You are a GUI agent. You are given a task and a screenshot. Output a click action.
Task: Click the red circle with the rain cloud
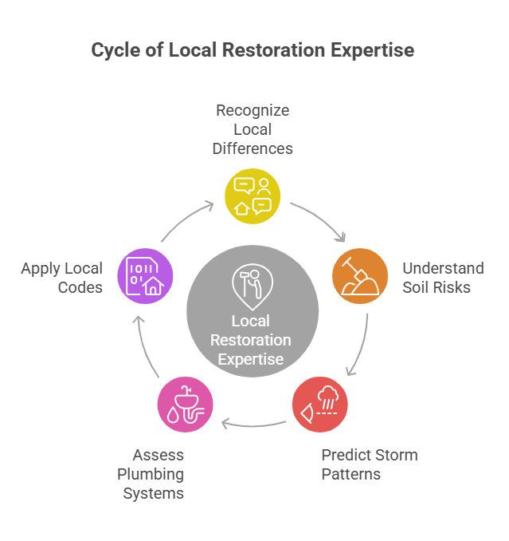[x=319, y=404]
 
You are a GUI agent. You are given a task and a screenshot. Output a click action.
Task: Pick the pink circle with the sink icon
[x=186, y=404]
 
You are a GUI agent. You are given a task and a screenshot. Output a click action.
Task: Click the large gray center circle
[x=253, y=311]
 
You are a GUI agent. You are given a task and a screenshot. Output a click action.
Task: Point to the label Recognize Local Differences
[x=254, y=129]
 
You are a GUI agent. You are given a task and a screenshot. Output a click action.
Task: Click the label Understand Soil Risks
[x=443, y=278]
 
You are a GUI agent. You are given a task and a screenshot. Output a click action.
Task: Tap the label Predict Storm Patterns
[x=369, y=464]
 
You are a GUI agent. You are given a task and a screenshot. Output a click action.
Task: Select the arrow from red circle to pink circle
[x=253, y=422]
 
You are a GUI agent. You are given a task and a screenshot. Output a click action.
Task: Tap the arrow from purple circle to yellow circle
[x=186, y=219]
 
